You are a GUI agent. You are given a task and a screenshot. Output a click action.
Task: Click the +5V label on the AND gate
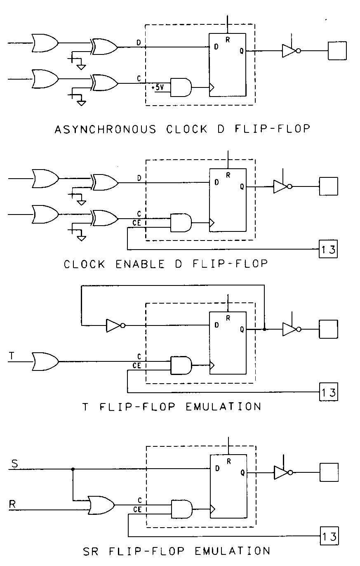[x=158, y=88]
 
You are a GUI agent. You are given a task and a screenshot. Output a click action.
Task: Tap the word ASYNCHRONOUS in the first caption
[x=106, y=129]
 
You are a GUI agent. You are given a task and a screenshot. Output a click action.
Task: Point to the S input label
[x=14, y=464]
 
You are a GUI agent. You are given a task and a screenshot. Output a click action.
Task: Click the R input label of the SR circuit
[x=13, y=504]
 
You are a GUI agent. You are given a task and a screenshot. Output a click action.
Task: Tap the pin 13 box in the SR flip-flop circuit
[x=329, y=536]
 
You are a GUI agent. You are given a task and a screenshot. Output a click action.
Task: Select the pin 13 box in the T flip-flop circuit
[x=329, y=391]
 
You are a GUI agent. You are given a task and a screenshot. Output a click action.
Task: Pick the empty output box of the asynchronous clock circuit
[x=337, y=51]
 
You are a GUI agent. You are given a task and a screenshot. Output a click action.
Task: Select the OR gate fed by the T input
[x=45, y=361]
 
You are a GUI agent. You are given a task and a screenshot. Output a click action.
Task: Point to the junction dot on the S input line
[x=73, y=469]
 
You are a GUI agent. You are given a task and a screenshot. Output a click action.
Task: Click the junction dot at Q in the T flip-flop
[x=264, y=329]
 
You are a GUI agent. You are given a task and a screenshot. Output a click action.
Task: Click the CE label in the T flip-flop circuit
[x=137, y=365]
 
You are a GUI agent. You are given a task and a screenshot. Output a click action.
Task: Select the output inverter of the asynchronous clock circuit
[x=291, y=51]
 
